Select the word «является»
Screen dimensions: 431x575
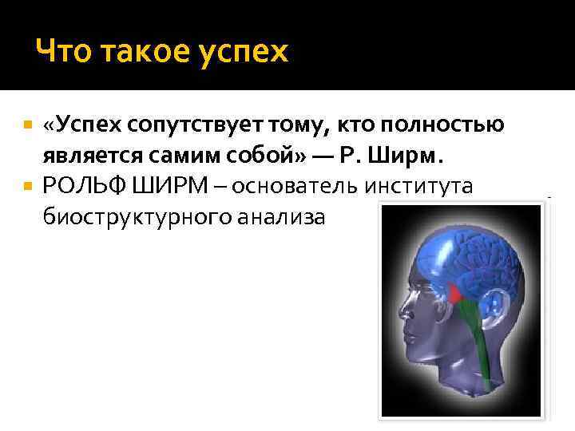tap(89, 156)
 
